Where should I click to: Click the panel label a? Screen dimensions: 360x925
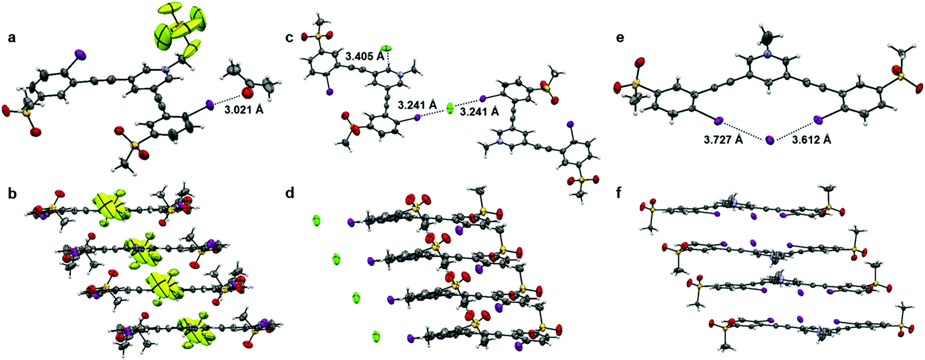coord(11,37)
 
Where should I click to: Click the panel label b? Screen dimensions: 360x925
coord(12,194)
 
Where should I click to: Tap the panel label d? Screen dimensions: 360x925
coord(290,194)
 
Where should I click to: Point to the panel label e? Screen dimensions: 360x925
coord(620,37)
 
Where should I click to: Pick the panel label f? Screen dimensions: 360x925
coord(618,194)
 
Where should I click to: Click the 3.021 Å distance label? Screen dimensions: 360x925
coord(244,110)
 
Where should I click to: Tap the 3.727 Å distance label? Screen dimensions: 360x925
coord(723,140)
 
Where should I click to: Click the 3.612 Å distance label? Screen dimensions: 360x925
coord(811,140)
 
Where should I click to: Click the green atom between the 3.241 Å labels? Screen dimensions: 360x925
coord(450,108)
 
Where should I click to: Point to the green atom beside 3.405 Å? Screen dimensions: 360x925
coord(386,48)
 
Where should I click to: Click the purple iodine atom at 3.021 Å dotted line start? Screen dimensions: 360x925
coord(210,106)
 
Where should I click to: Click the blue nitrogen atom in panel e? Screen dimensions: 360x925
coord(768,54)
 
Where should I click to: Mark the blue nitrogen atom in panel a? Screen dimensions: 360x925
coord(165,69)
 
